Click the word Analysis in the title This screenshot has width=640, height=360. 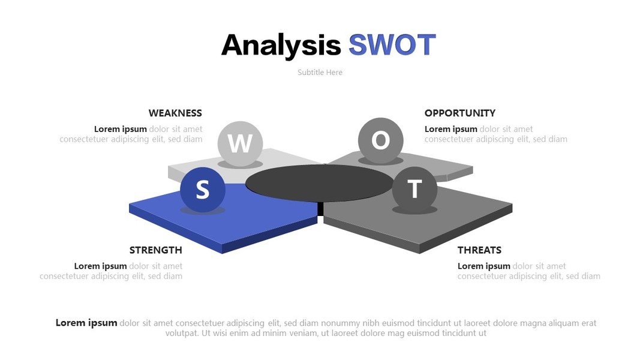tap(281, 46)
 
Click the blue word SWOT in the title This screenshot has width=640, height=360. tap(392, 44)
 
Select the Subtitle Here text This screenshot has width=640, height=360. tap(320, 72)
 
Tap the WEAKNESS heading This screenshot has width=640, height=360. tap(175, 113)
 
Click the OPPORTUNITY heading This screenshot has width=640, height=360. tap(460, 113)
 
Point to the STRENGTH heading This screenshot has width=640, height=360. tap(156, 250)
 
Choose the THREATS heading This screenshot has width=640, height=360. tap(480, 250)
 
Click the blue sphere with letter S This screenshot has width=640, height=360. tap(203, 190)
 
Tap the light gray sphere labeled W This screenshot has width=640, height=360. tap(240, 143)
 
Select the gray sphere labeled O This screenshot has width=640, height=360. tap(380, 140)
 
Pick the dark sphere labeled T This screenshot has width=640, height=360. tap(414, 189)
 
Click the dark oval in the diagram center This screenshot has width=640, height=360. tap(320, 183)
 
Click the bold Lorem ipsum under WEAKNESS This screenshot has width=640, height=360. tap(121, 129)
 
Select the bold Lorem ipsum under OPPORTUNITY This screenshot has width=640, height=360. tap(451, 129)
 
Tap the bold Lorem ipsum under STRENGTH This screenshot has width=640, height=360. tap(100, 266)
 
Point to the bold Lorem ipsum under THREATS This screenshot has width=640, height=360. tap(484, 266)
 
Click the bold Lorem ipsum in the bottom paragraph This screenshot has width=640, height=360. tap(86, 323)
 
